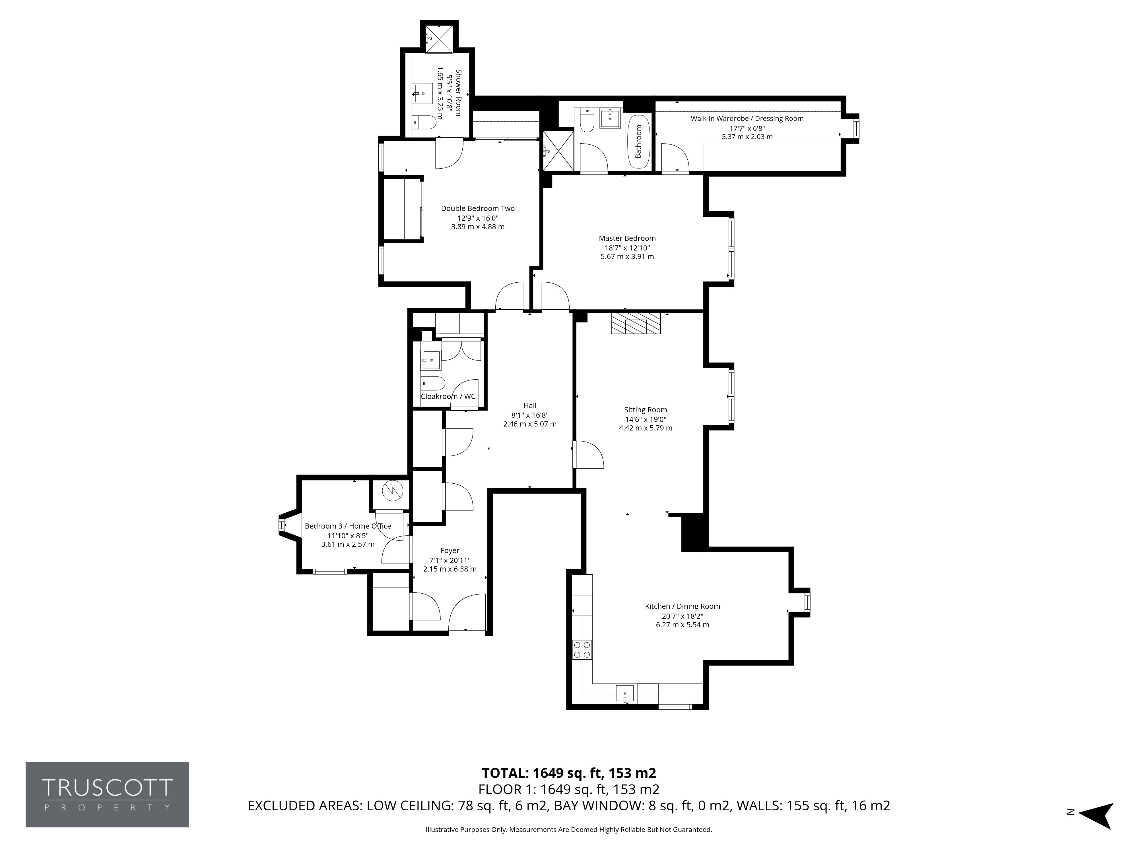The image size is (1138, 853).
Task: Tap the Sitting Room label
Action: pos(646,410)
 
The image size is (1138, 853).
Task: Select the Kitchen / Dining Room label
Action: pos(683,606)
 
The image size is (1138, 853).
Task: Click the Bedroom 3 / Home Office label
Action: pos(348,526)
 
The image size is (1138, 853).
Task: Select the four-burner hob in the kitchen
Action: pos(582,650)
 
